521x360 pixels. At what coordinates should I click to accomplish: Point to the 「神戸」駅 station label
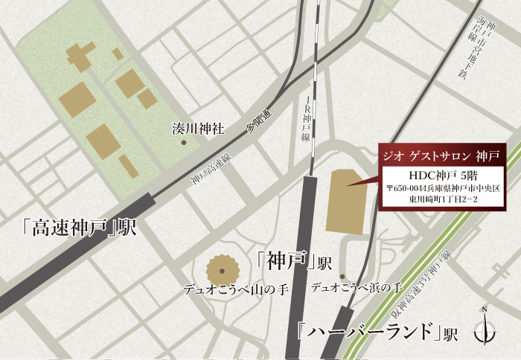pos(293,261)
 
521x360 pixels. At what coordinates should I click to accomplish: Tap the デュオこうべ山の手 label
pos(235,288)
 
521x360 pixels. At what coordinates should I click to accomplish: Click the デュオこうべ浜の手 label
pos(357,286)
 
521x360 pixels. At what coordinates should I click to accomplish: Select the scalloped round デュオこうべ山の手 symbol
pos(222,269)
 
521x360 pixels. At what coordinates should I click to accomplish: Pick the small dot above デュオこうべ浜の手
pos(342,277)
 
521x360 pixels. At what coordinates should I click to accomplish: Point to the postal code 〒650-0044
pos(409,189)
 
